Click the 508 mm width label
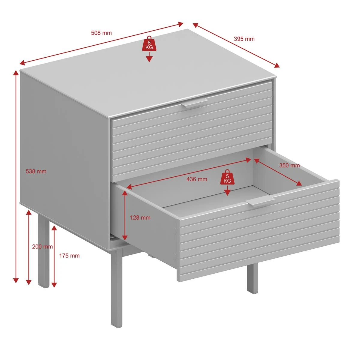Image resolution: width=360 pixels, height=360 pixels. pyautogui.click(x=101, y=33)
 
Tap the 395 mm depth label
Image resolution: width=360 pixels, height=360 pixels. pyautogui.click(x=244, y=39)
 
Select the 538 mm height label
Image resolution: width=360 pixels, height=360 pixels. pyautogui.click(x=36, y=171)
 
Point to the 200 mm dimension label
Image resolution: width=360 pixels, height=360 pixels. pyautogui.click(x=42, y=247)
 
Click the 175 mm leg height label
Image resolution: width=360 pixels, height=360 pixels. pyautogui.click(x=69, y=256)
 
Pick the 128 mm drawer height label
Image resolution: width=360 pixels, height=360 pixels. pyautogui.click(x=140, y=217)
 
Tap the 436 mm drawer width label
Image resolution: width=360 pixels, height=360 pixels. pyautogui.click(x=197, y=179)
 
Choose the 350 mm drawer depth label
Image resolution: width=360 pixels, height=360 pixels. pyautogui.click(x=289, y=165)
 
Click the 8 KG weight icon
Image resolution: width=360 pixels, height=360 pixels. pyautogui.click(x=149, y=44)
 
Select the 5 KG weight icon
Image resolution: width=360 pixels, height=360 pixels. pyautogui.click(x=227, y=177)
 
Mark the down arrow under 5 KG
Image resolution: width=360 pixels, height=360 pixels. pyautogui.click(x=227, y=190)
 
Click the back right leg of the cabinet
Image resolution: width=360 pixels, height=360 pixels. pyautogui.click(x=253, y=278)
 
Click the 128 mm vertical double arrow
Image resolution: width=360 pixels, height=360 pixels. pyautogui.click(x=124, y=215)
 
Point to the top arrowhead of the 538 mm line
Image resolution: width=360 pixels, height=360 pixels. pyautogui.click(x=16, y=73)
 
